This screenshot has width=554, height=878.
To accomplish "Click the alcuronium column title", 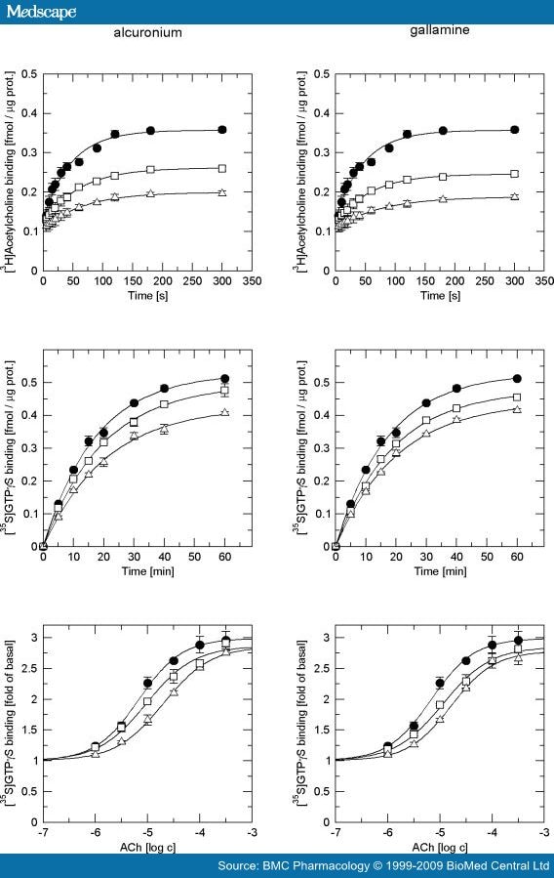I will [x=146, y=32].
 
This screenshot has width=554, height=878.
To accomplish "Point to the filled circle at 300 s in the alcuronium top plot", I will [x=222, y=129].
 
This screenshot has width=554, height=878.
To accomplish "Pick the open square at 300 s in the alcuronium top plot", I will [x=222, y=168].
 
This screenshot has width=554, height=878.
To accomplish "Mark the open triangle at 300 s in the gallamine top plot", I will [x=515, y=195].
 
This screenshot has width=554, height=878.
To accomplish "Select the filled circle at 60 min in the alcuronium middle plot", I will [x=225, y=379].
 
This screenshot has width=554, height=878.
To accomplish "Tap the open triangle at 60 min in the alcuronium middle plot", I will [x=225, y=412].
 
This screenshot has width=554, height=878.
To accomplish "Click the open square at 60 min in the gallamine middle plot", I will [x=517, y=397].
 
